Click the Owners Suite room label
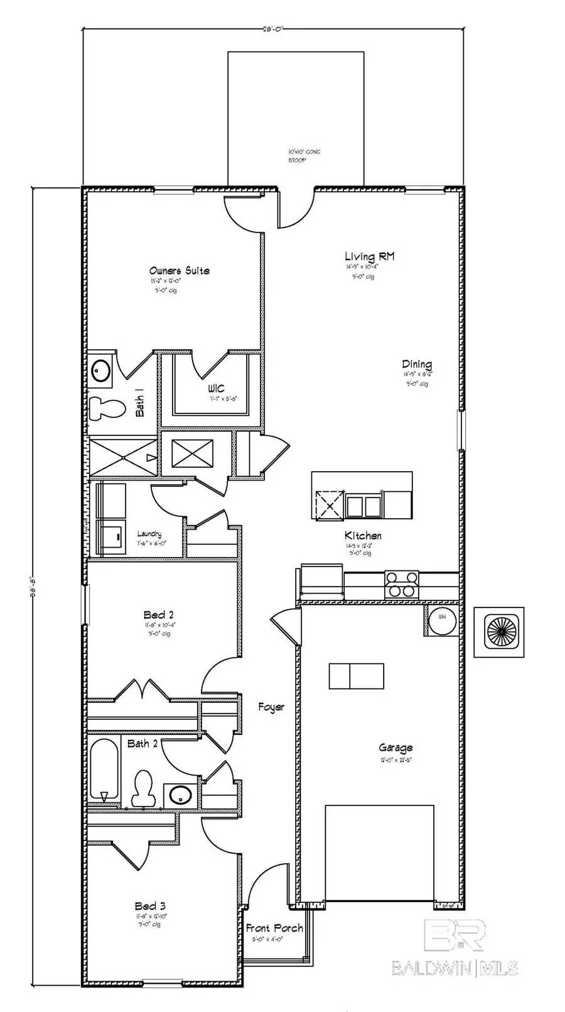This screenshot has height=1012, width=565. click(x=180, y=271)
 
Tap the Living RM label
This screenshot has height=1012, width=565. click(x=369, y=256)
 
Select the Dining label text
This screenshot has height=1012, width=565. click(x=417, y=364)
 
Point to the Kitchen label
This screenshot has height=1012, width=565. click(x=363, y=536)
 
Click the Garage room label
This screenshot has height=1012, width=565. click(x=395, y=748)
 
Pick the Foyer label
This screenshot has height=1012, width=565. click(x=271, y=707)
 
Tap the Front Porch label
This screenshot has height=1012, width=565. click(x=274, y=928)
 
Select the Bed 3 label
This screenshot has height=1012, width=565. click(x=150, y=906)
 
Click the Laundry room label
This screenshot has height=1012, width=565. click(x=149, y=534)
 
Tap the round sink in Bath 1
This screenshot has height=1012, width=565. click(x=100, y=371)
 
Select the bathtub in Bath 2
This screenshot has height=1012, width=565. click(x=104, y=771)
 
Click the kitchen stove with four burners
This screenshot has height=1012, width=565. click(x=401, y=584)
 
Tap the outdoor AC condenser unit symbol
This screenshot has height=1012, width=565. click(x=499, y=632)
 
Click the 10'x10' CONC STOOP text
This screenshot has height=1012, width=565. click(x=304, y=156)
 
